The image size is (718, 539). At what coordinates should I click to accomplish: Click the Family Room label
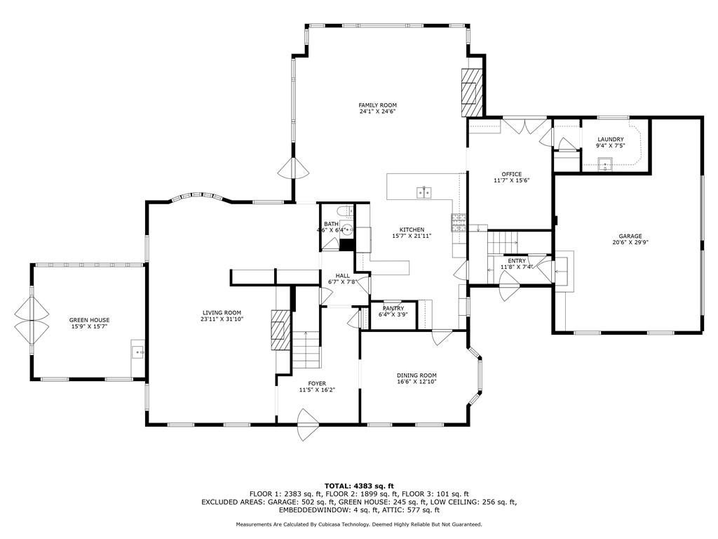pos(377,105)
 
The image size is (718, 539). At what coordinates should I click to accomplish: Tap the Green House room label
pos(89,320)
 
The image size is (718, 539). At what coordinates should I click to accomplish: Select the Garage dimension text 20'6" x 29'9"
pos(630,242)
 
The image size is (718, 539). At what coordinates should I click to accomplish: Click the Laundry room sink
pos(605,163)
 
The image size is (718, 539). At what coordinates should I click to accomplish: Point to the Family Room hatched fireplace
pos(472,92)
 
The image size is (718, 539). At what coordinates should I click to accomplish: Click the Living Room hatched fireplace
pos(281,330)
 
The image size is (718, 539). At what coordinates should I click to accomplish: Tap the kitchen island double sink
pos(424,193)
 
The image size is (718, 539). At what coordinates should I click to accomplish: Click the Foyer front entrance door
pos(307,425)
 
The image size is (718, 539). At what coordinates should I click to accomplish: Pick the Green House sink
pos(138,352)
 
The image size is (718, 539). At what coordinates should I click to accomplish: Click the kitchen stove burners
pos(459,222)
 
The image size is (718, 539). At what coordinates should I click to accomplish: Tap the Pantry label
pos(393,309)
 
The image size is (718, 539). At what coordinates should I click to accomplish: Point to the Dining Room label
pos(416,375)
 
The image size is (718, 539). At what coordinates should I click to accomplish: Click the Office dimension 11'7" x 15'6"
pos(511,180)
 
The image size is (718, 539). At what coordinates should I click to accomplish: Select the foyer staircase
pos(306,350)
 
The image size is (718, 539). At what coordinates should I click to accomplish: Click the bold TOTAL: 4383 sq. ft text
pos(359,486)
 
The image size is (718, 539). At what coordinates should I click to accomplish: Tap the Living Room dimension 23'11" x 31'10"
pos(222,319)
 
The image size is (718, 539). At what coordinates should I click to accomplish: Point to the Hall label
pos(342,275)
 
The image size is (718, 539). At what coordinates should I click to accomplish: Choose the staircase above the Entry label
pos(502,242)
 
